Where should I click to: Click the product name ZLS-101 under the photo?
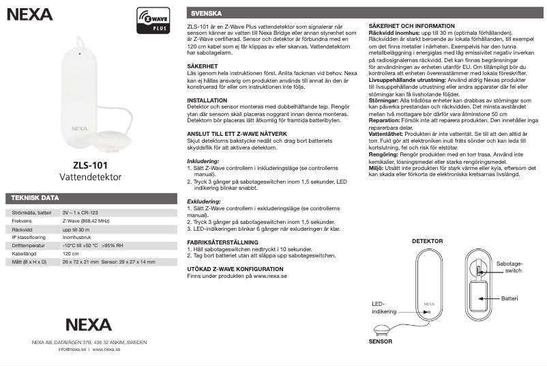coord(90,165)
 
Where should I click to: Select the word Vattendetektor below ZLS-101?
coord(90,177)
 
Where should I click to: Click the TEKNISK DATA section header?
coord(32,198)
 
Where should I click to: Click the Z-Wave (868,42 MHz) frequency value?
coord(86,221)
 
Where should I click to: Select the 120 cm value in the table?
coord(70,253)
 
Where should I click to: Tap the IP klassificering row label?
coord(29,238)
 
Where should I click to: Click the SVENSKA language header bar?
coord(206,13)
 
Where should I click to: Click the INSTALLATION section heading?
coord(207,100)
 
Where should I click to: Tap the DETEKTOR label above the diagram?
coord(427,241)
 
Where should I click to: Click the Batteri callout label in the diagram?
coord(509,298)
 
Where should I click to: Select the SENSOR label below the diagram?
coord(380,341)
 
